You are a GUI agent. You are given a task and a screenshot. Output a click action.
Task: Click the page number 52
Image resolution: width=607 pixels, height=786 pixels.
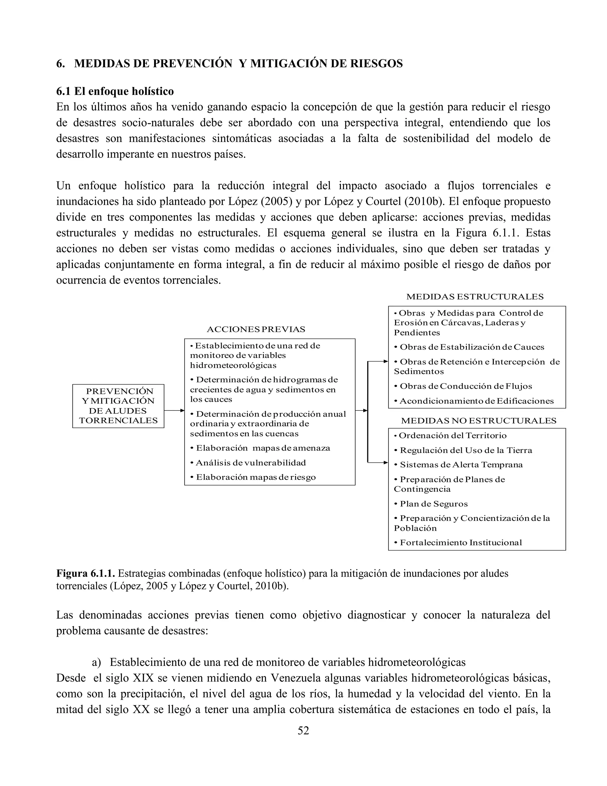(303, 730)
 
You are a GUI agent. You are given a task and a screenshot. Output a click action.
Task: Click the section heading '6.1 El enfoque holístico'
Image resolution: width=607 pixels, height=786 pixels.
(115, 91)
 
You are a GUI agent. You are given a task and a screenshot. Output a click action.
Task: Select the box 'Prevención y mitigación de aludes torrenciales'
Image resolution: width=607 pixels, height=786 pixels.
(118, 406)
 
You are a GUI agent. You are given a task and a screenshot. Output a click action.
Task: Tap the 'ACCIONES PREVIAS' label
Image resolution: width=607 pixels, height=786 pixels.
(256, 329)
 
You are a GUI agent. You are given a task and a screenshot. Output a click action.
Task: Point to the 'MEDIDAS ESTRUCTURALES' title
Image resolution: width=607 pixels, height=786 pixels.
(475, 297)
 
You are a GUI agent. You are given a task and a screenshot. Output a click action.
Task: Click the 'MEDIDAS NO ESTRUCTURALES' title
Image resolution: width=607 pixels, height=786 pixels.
(479, 420)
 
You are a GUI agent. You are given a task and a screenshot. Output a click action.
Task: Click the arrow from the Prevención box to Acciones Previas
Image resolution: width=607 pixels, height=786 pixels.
(174, 410)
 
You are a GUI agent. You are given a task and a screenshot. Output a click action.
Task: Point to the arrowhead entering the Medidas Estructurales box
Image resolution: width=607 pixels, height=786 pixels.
(386, 361)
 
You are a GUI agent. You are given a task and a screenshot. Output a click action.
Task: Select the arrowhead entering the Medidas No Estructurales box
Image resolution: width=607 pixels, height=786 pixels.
(386, 462)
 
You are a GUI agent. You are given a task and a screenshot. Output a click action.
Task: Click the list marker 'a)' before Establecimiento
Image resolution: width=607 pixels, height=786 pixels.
(96, 662)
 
